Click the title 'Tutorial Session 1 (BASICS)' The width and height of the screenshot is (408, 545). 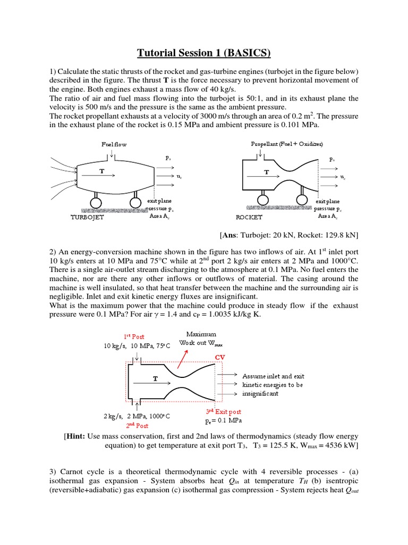click(x=204, y=52)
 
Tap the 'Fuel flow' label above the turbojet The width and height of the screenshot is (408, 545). click(x=114, y=144)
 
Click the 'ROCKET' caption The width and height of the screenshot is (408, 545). click(x=249, y=218)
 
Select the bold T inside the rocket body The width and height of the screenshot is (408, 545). click(x=266, y=172)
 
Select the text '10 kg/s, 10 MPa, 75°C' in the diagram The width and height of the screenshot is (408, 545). click(x=137, y=346)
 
